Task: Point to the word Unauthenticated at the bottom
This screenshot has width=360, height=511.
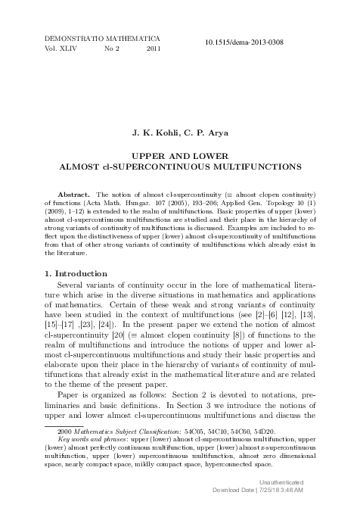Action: [281, 482]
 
